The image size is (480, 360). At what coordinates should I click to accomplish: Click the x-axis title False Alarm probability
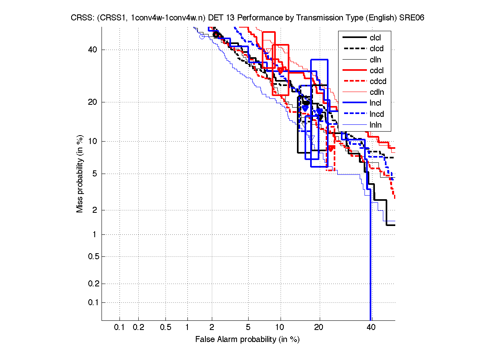pyautogui.click(x=247, y=340)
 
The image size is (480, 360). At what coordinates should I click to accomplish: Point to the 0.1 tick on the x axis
pyautogui.click(x=120, y=328)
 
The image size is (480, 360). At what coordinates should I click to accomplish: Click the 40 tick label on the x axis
pyautogui.click(x=371, y=328)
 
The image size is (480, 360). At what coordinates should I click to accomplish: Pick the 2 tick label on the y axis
pyautogui.click(x=96, y=210)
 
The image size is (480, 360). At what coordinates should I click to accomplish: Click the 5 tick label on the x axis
pyautogui.click(x=248, y=328)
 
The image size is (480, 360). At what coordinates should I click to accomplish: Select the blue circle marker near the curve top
pyautogui.click(x=202, y=37)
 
